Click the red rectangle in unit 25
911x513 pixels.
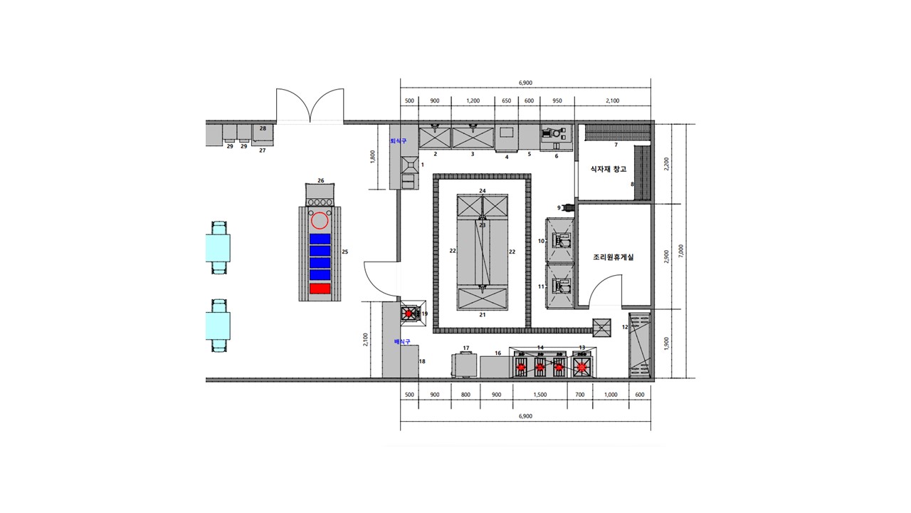(320, 289)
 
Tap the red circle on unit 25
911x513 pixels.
(320, 221)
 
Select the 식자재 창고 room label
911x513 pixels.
(609, 169)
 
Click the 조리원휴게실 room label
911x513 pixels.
(614, 257)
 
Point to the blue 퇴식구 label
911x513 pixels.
(398, 141)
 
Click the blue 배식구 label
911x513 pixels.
(402, 341)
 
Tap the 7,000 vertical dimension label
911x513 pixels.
(681, 251)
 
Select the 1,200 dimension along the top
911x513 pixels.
(473, 100)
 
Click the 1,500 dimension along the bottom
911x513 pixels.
(540, 395)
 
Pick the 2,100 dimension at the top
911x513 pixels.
(613, 100)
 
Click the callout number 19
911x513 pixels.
(425, 314)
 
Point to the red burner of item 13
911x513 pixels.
(582, 367)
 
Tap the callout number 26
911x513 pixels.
(321, 180)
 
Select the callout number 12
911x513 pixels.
(625, 327)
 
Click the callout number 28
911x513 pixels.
(263, 128)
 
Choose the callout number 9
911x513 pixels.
(559, 207)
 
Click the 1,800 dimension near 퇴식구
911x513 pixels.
(372, 157)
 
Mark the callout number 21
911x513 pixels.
(483, 315)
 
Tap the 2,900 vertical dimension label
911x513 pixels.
(666, 256)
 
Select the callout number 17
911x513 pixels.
(466, 348)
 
